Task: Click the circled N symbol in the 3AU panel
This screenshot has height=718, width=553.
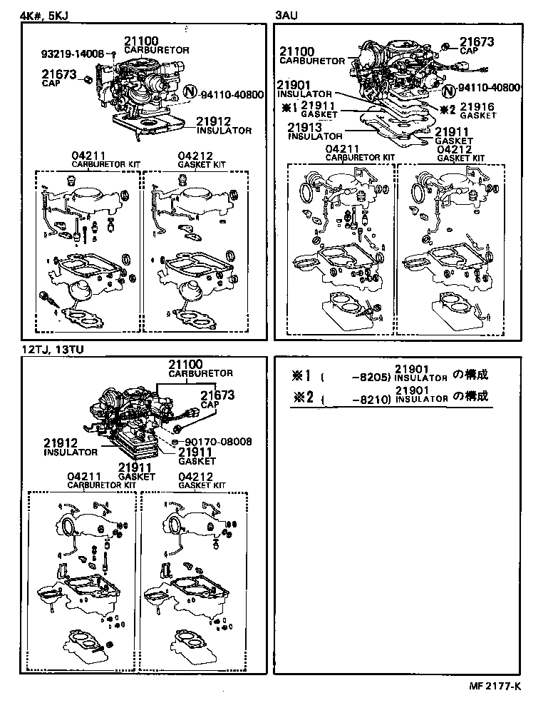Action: point(448,90)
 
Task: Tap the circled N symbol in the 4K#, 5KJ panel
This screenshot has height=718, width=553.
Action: point(190,92)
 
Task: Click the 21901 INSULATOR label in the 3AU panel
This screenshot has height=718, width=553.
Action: point(304,88)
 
